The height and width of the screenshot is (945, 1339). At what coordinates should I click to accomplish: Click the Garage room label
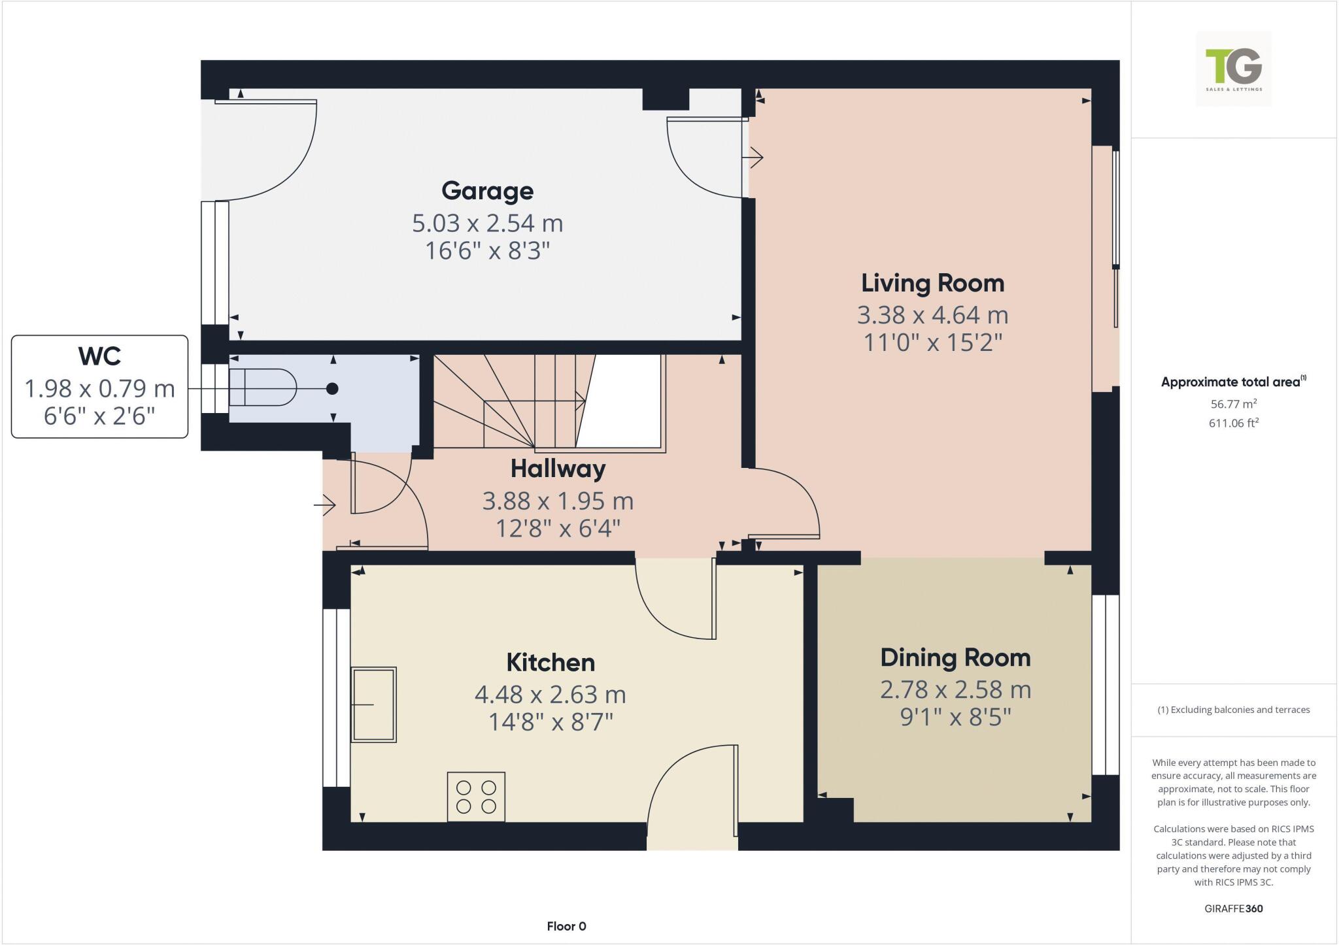(x=487, y=191)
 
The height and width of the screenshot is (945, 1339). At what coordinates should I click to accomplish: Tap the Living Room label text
(x=932, y=283)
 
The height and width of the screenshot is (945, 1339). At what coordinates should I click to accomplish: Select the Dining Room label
(x=955, y=657)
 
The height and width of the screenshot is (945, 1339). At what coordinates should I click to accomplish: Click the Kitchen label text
(x=551, y=663)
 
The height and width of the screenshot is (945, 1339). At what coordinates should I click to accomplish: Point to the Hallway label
(x=558, y=469)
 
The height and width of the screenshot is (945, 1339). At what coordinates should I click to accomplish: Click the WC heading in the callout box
(x=99, y=356)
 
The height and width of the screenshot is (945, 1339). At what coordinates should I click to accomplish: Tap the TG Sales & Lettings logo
(x=1233, y=69)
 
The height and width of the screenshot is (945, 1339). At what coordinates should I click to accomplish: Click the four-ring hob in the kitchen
(x=476, y=797)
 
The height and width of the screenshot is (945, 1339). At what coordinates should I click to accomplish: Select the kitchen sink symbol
(x=373, y=705)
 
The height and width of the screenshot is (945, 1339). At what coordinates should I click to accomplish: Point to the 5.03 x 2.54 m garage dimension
(x=487, y=224)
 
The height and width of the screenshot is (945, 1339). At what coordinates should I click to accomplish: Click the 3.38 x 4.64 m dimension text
(x=932, y=316)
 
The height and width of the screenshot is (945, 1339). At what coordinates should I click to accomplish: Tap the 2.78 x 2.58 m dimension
(x=955, y=690)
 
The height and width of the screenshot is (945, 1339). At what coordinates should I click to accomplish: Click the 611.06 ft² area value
(x=1233, y=423)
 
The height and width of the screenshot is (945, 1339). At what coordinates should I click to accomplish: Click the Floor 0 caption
(x=566, y=926)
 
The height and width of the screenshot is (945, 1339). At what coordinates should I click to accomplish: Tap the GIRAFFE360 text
(x=1233, y=908)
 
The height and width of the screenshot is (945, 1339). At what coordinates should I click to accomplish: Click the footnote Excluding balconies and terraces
(x=1233, y=710)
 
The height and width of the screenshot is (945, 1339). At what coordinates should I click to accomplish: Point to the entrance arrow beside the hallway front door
(x=325, y=505)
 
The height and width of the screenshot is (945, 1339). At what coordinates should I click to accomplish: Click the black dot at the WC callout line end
(x=332, y=389)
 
